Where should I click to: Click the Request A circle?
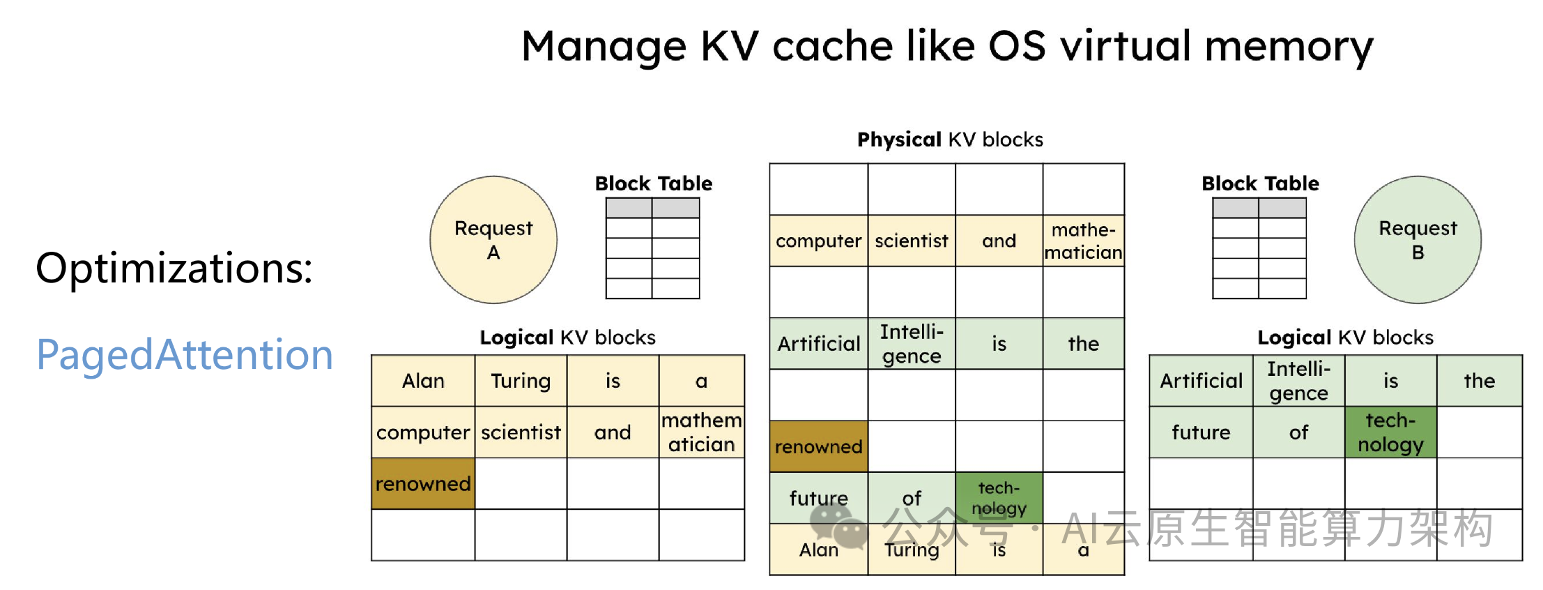493,240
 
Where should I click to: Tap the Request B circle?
1418,240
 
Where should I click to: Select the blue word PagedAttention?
185,355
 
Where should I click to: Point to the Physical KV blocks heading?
950,139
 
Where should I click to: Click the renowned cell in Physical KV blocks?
819,446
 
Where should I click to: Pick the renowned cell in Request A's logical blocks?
423,483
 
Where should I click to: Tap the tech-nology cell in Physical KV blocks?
999,498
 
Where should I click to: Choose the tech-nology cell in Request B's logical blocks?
1390,432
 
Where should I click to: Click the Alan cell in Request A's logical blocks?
423,381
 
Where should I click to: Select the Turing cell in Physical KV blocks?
912,550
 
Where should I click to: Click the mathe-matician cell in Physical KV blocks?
1084,241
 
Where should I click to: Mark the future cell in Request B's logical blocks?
1201,432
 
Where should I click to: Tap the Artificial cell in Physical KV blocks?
819,344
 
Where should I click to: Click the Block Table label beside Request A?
654,183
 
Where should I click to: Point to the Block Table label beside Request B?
1260,183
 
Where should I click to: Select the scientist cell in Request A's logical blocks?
521,432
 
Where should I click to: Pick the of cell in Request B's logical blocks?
1298,432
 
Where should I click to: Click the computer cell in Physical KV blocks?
819,241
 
